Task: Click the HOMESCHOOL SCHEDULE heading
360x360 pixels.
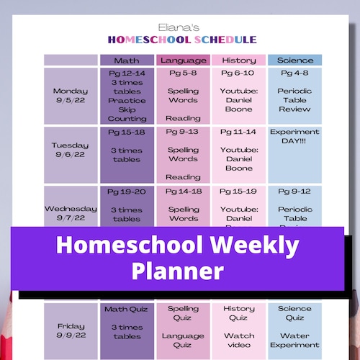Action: tap(179, 39)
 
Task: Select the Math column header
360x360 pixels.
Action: tap(127, 60)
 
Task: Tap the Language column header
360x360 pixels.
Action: tap(184, 60)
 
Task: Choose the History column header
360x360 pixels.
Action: tap(238, 60)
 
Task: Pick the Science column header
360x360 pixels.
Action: tap(296, 60)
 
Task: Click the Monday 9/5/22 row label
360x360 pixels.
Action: tap(71, 96)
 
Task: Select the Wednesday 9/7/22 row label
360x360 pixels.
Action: tap(71, 213)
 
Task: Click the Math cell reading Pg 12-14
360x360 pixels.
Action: tap(127, 73)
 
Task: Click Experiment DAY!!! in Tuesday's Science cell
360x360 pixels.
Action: tap(296, 138)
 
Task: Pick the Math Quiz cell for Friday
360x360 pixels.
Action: tap(127, 310)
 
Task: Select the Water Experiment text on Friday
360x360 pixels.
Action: tap(296, 341)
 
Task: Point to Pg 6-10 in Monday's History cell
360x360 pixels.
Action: tap(238, 73)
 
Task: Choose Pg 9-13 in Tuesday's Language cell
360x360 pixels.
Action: tap(184, 132)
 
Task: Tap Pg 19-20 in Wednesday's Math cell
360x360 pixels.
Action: tap(127, 192)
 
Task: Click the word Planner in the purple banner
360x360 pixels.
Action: tap(178, 271)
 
